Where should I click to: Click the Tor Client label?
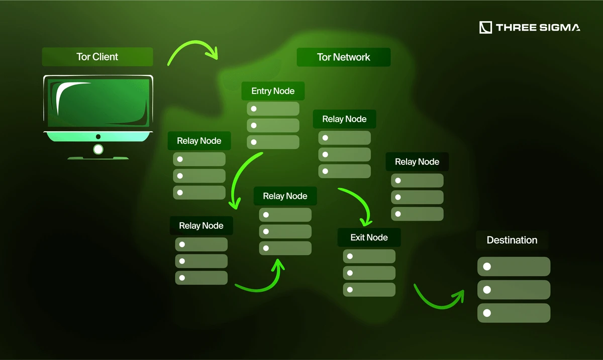coord(97,57)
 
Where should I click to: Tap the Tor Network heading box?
coord(344,57)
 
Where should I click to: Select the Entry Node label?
coord(273,91)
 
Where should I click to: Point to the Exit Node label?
coord(369,237)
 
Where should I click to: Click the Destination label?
coord(512,240)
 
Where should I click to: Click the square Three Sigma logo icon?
coord(485,28)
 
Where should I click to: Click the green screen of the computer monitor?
coord(98,103)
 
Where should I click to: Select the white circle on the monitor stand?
coord(98,149)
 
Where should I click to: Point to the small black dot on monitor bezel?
coord(98,137)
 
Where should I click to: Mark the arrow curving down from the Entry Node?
coord(243,178)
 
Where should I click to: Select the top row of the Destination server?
coord(514,266)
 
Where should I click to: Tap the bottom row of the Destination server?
coord(514,313)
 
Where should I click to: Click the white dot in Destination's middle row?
coord(487,290)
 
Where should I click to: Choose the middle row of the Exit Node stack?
coord(369,273)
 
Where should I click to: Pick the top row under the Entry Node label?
coord(273,109)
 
